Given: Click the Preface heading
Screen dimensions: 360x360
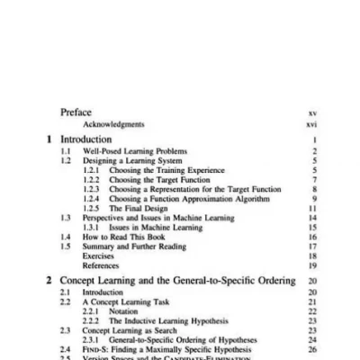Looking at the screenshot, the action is (x=75, y=112).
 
